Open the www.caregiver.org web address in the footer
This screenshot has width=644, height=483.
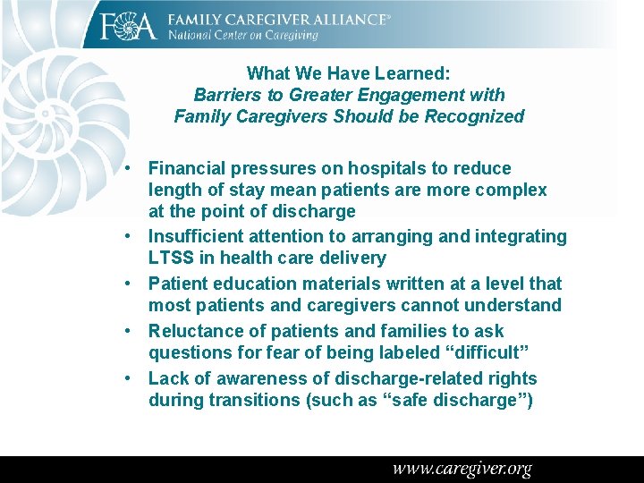click(x=462, y=469)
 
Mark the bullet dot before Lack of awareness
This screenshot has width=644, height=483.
click(x=131, y=378)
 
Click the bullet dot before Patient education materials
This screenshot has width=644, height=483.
click(x=131, y=284)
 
